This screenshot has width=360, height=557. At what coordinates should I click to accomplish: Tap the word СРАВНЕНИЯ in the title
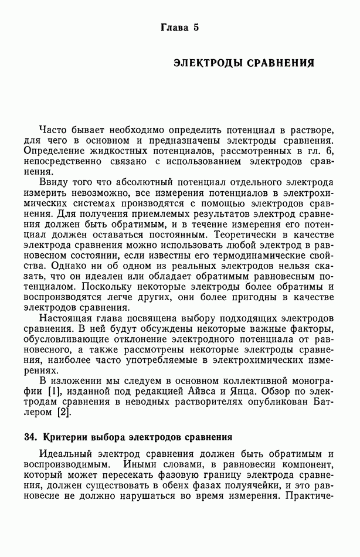[x=280, y=63]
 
